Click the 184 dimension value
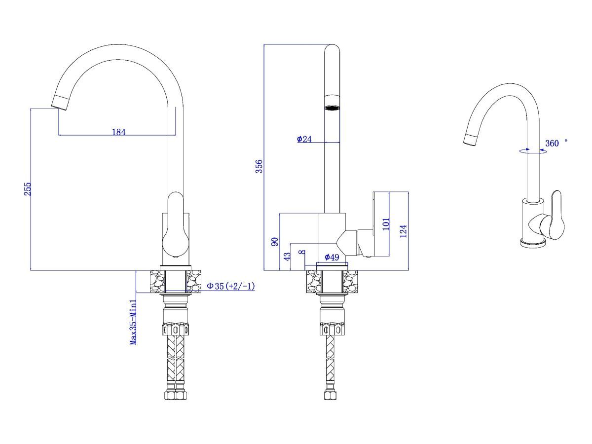(x=119, y=132)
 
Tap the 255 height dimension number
(x=28, y=189)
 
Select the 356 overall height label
(x=259, y=166)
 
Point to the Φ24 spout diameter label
(x=304, y=139)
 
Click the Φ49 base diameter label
(x=332, y=257)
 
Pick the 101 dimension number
(x=386, y=224)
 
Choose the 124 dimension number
(x=403, y=231)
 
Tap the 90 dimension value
(x=275, y=242)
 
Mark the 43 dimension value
(x=288, y=256)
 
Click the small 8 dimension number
(x=302, y=252)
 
